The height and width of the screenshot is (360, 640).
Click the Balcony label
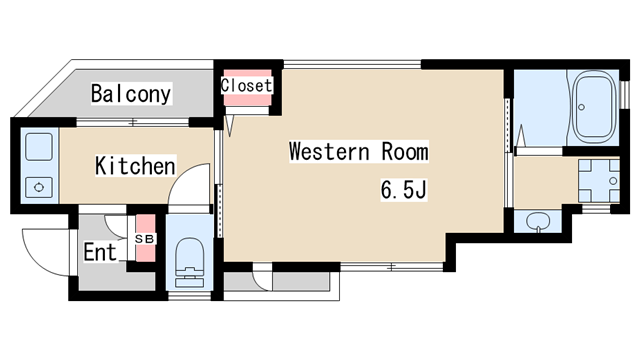[131, 93]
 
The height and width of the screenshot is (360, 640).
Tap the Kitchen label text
[135, 166]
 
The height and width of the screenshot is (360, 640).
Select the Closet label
[246, 85]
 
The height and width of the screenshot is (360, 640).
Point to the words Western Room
[359, 151]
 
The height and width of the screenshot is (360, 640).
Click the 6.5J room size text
[404, 189]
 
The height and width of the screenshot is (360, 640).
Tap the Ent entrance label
[100, 252]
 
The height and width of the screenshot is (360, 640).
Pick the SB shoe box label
[145, 239]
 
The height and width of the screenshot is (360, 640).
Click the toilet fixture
[190, 262]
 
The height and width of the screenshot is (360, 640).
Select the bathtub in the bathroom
[595, 107]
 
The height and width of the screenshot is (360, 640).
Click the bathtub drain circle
[582, 107]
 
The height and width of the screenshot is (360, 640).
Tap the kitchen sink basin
[39, 147]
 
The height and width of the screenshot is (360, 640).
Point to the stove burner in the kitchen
[39, 187]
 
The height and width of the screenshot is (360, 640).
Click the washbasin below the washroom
[538, 222]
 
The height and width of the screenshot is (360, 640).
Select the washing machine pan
[599, 180]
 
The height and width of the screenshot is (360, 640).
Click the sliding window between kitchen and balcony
[133, 122]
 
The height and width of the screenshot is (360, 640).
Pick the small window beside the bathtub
[624, 95]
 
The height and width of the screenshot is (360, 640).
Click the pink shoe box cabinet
[145, 238]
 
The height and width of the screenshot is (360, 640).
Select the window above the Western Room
[352, 64]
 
